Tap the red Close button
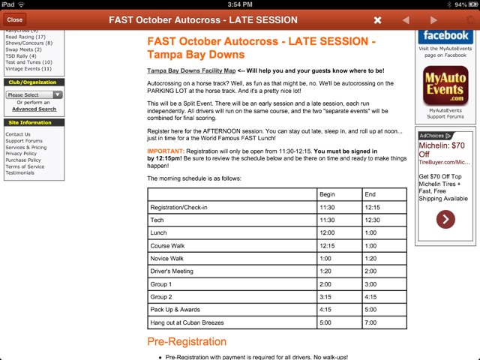click(14, 19)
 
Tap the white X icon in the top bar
click(378, 20)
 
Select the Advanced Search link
click(34, 109)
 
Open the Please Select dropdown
click(34, 95)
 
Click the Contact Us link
click(18, 134)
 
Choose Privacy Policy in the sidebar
click(21, 154)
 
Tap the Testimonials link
click(20, 172)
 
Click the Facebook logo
click(445, 36)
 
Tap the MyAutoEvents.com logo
click(445, 86)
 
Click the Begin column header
click(327, 194)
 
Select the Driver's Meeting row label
click(172, 271)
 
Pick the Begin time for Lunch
click(327, 232)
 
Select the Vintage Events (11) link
click(28, 68)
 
